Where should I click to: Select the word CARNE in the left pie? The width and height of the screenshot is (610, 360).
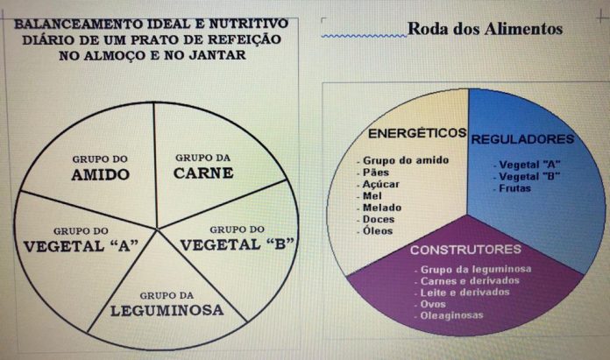click(x=203, y=173)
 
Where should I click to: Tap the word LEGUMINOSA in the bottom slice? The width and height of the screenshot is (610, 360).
click(x=167, y=309)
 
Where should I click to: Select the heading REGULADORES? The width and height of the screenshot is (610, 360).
click(x=522, y=139)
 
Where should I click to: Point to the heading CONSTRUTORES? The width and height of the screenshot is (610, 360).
click(x=465, y=250)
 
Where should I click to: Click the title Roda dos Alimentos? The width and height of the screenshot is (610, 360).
click(x=485, y=30)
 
